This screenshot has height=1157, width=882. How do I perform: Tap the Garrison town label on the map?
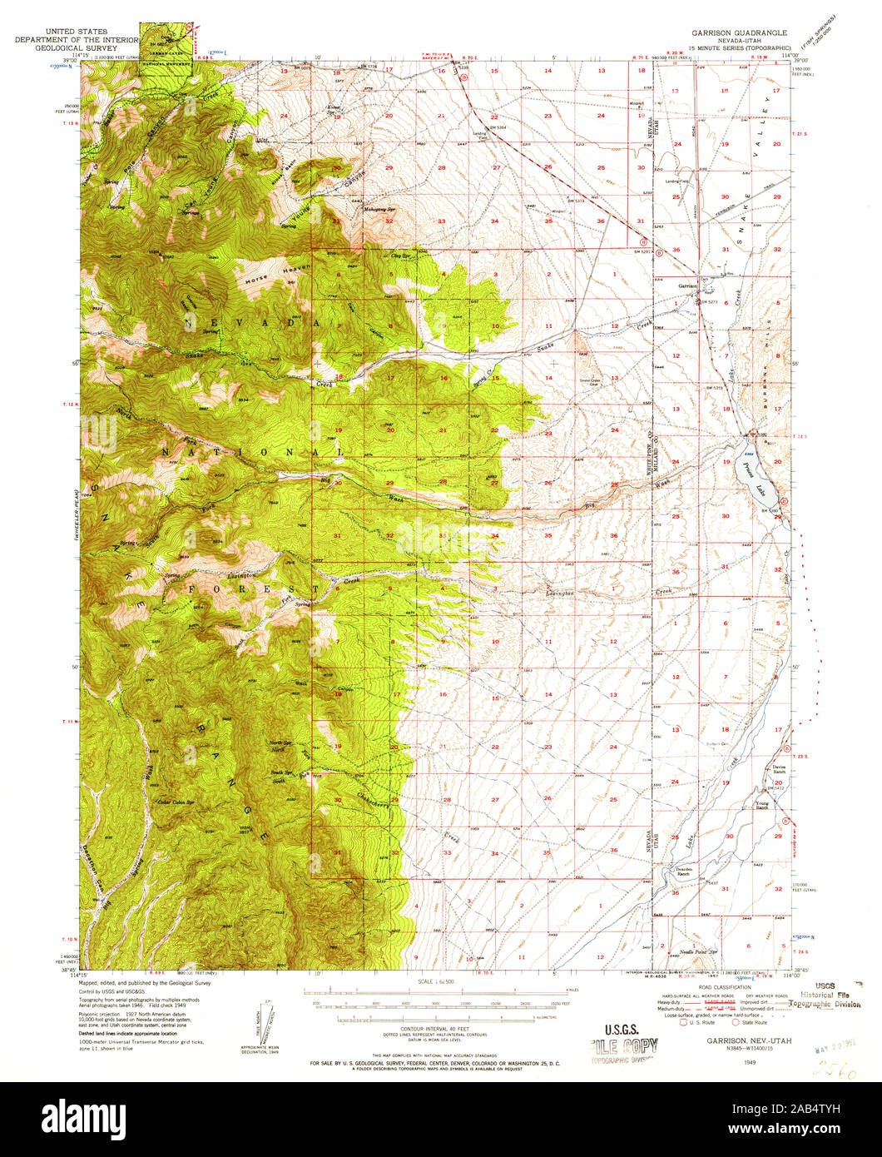(x=687, y=285)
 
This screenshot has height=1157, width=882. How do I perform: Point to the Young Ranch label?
(x=762, y=805)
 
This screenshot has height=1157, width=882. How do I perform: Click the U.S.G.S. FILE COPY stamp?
(x=624, y=1045)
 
